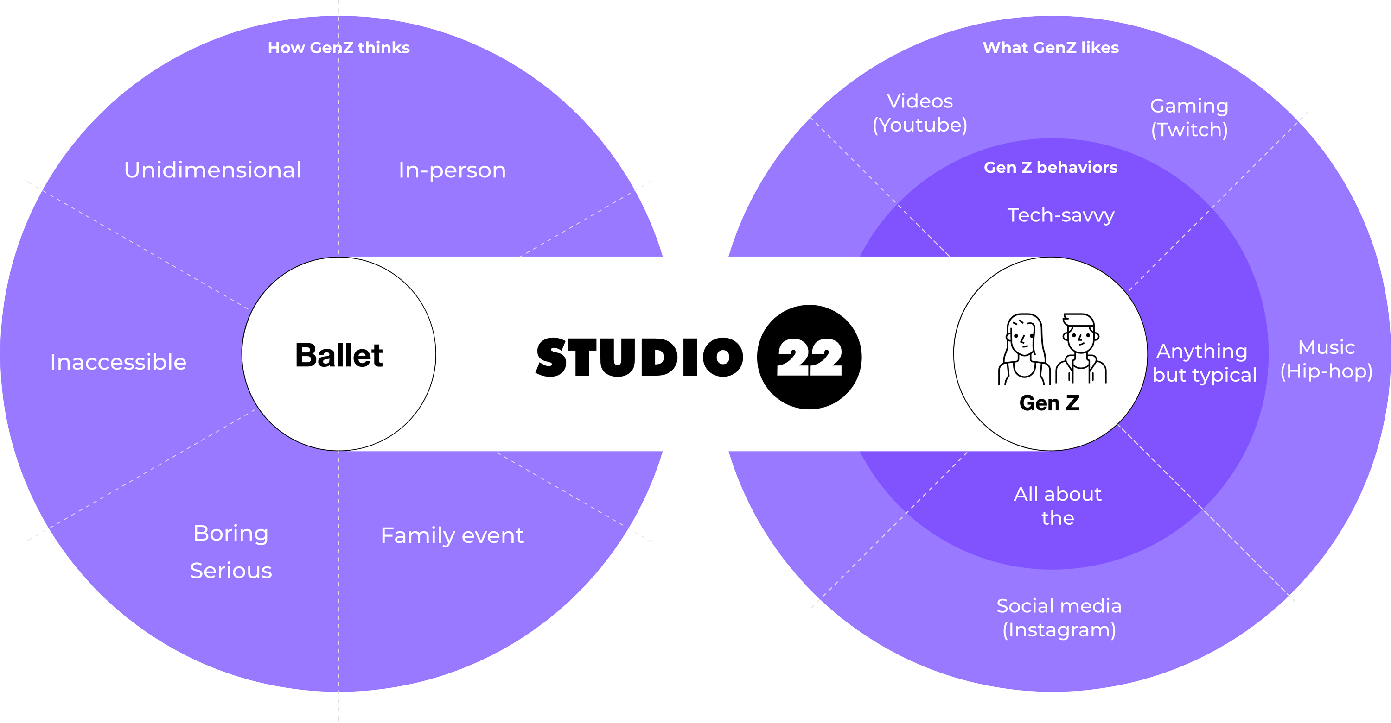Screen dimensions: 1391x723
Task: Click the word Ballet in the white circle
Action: (339, 355)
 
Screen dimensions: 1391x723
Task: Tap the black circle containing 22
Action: (809, 357)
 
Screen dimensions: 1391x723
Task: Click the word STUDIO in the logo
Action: (639, 357)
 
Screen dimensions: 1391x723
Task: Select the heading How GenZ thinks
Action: (339, 48)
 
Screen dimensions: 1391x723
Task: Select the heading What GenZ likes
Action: (1051, 48)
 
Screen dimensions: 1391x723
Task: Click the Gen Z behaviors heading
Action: (1051, 167)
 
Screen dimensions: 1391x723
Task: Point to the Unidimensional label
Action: (213, 170)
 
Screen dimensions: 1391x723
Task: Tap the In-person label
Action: (453, 170)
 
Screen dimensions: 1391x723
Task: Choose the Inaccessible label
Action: (118, 362)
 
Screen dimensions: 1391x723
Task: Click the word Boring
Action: (231, 534)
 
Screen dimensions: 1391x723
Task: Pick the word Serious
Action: (231, 570)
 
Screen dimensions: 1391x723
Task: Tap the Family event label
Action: (453, 536)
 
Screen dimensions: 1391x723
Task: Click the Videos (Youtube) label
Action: (920, 113)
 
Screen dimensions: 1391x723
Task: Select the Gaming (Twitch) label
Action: (1190, 118)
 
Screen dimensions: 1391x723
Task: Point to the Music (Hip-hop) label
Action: (1327, 359)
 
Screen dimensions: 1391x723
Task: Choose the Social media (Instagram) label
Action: (1059, 618)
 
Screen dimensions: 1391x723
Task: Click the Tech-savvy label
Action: (1061, 215)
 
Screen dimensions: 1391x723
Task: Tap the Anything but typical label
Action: (1204, 363)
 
